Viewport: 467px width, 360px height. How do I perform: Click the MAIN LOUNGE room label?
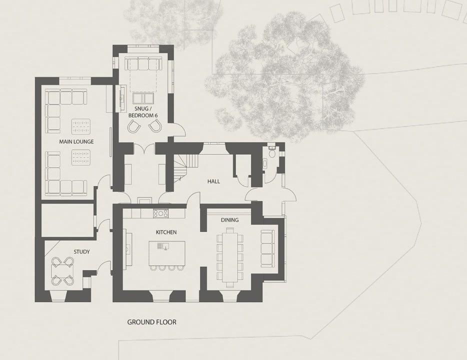(76, 141)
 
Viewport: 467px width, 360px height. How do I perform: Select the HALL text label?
(213, 181)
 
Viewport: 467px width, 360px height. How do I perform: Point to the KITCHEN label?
(166, 232)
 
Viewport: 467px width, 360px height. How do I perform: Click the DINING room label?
(229, 220)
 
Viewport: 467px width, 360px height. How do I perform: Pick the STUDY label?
(81, 252)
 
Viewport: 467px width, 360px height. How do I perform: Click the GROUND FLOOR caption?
(151, 322)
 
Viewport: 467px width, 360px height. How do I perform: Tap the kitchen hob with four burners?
(161, 213)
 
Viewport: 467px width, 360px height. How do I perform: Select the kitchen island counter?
(167, 253)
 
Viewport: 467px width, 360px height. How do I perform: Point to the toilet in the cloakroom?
(271, 152)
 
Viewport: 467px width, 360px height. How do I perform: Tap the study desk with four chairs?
(62, 271)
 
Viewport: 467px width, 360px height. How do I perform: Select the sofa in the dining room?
(267, 248)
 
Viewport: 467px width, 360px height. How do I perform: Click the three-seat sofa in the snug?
(142, 63)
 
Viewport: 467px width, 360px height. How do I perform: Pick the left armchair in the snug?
(133, 126)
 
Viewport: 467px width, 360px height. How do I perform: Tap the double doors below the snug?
(144, 147)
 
